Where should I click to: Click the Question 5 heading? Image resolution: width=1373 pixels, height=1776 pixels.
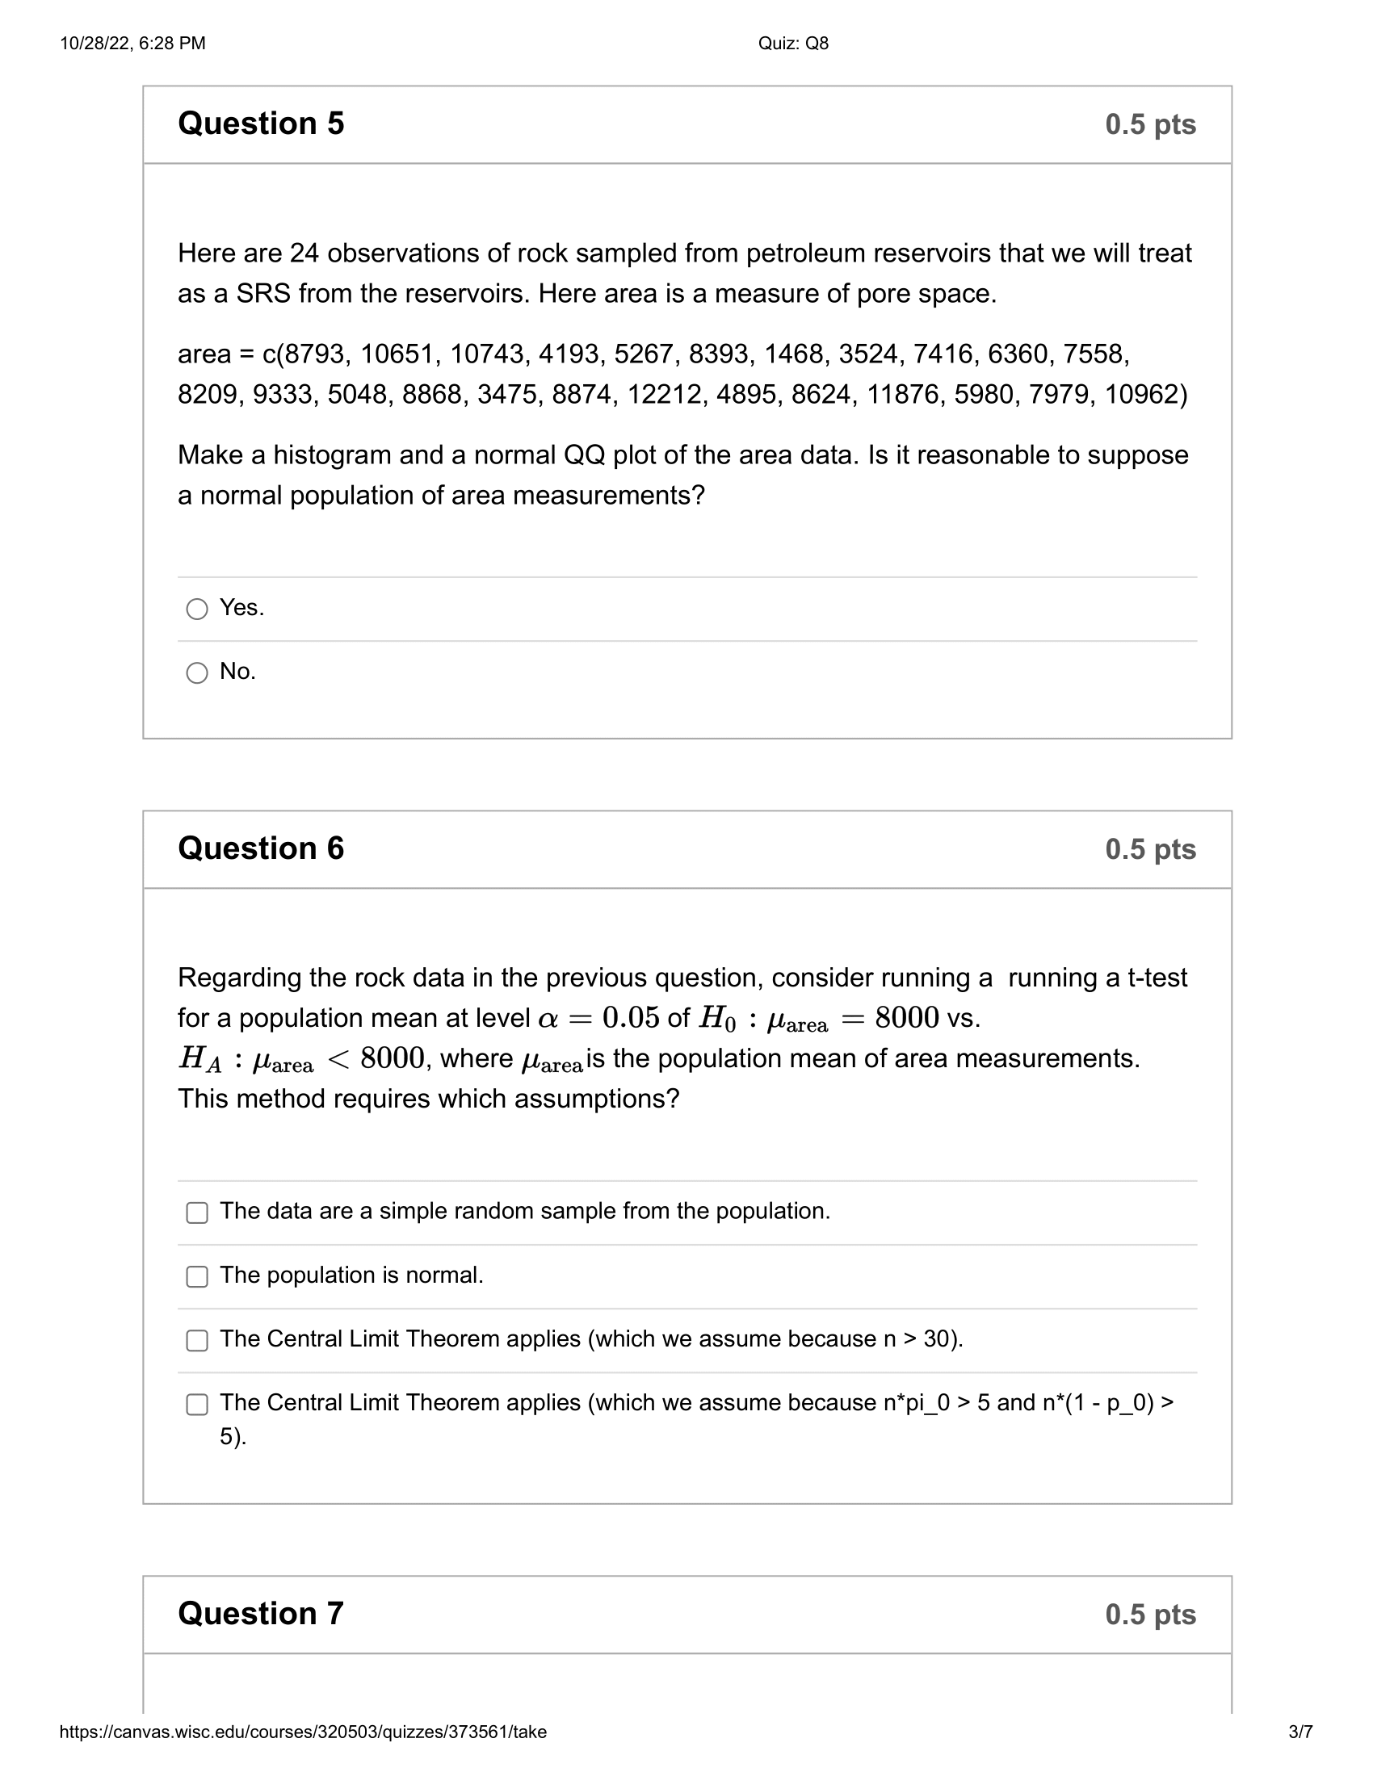(260, 124)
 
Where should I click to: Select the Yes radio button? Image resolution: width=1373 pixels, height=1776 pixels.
(197, 608)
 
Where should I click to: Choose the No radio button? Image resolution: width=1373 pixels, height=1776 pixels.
(197, 672)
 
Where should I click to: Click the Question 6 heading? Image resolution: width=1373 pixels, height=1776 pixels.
(260, 848)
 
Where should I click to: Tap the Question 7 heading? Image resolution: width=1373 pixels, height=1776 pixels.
(260, 1615)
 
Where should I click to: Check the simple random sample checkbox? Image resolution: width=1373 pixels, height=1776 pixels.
(197, 1213)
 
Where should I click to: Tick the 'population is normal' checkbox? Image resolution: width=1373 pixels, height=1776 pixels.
(197, 1277)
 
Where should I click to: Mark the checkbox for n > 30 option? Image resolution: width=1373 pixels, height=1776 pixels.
(197, 1340)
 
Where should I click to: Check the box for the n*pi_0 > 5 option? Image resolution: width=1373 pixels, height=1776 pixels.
(197, 1405)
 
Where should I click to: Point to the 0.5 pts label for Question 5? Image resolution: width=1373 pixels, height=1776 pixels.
(1150, 124)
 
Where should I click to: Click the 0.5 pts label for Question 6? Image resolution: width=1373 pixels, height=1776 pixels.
(1150, 850)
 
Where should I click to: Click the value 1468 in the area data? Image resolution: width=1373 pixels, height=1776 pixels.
(793, 354)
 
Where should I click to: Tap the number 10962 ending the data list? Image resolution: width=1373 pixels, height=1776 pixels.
(1141, 395)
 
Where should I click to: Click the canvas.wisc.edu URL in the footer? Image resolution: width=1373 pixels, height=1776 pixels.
(303, 1732)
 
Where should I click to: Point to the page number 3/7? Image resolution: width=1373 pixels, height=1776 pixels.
(1300, 1732)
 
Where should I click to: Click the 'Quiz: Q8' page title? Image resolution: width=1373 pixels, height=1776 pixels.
(793, 44)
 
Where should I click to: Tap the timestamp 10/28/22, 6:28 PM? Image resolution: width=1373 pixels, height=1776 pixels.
(132, 44)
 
